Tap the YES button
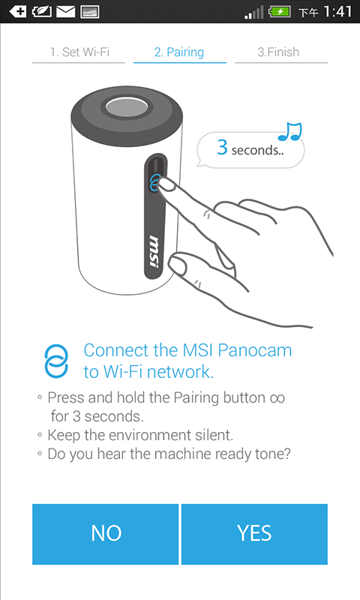tap(254, 534)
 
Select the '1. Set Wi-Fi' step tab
tap(79, 52)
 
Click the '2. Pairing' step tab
tap(179, 52)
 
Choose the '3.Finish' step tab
tap(278, 52)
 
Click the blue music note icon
tap(290, 131)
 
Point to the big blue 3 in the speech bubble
tap(222, 147)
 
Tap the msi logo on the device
tap(154, 252)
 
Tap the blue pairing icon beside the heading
tap(56, 361)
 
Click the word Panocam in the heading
tap(255, 350)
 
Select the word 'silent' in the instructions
tap(214, 435)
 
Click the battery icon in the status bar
tap(280, 11)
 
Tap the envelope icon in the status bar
tap(66, 12)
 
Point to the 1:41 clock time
tap(337, 11)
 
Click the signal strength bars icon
tap(254, 12)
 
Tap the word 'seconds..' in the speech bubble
tap(258, 150)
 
